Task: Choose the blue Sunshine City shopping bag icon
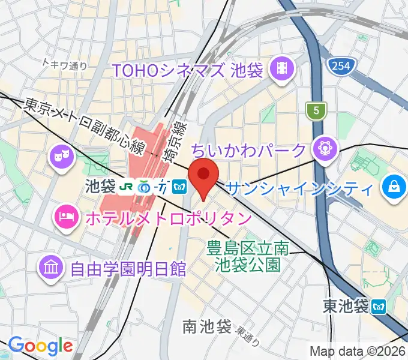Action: click(x=394, y=186)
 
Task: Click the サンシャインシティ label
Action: click(x=299, y=189)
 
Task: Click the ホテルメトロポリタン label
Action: click(x=167, y=217)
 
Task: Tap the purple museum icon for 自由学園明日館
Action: click(x=51, y=266)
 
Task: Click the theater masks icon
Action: click(x=59, y=157)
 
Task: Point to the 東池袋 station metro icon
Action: click(x=379, y=307)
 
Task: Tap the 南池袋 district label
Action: click(x=207, y=328)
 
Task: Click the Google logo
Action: click(x=40, y=346)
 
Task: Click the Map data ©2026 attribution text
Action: click(x=358, y=351)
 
